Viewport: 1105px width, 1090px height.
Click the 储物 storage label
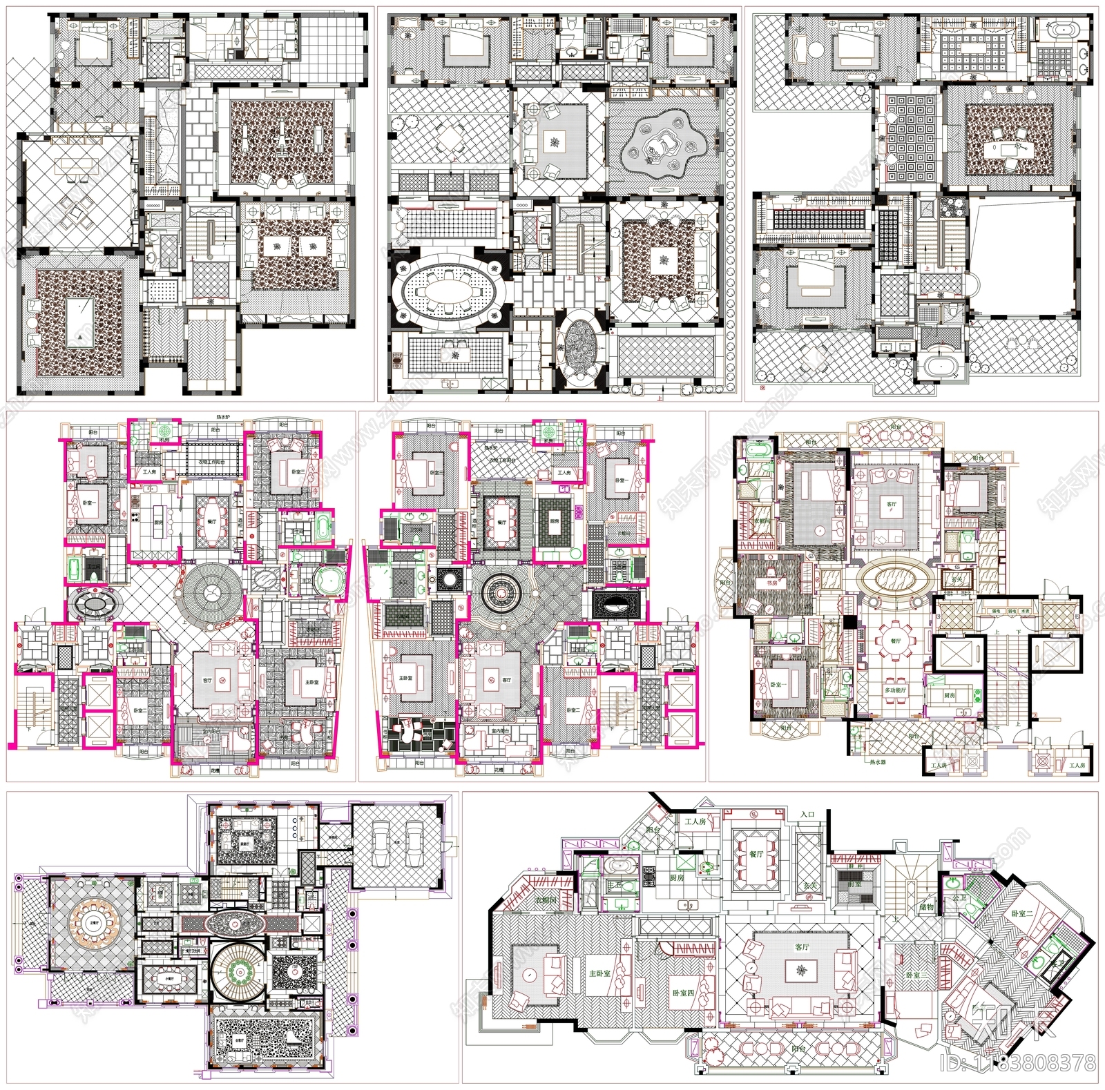click(x=926, y=907)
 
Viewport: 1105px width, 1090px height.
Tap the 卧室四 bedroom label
click(x=683, y=993)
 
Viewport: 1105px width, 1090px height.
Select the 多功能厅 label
click(x=895, y=690)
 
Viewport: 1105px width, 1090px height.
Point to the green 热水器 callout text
click(x=877, y=762)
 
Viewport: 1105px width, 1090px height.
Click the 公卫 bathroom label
click(x=959, y=898)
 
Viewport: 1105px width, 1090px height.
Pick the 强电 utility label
click(x=996, y=612)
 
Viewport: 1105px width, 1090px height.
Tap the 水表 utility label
click(x=1025, y=612)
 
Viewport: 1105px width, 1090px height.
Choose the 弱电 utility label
click(x=1011, y=612)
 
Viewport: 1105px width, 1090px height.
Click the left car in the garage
click(x=381, y=844)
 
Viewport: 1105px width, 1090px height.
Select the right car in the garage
click(x=414, y=844)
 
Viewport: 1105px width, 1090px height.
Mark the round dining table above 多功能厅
click(x=895, y=642)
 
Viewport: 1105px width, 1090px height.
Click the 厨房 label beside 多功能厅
click(x=949, y=695)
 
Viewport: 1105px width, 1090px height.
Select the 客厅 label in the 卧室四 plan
click(x=801, y=947)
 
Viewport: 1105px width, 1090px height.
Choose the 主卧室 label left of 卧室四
click(x=599, y=973)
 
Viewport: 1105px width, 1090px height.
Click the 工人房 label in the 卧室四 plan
click(x=695, y=821)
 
